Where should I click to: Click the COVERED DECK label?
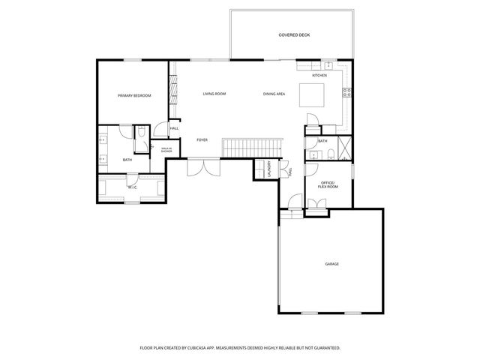294,35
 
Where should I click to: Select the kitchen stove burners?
347,93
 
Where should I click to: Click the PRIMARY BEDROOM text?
134,96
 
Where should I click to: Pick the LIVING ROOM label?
214,94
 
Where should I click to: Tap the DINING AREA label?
274,94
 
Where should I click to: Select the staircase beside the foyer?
254,146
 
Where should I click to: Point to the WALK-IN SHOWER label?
166,150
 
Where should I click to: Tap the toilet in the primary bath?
139,133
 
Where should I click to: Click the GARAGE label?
331,264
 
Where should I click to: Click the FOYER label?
202,140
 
